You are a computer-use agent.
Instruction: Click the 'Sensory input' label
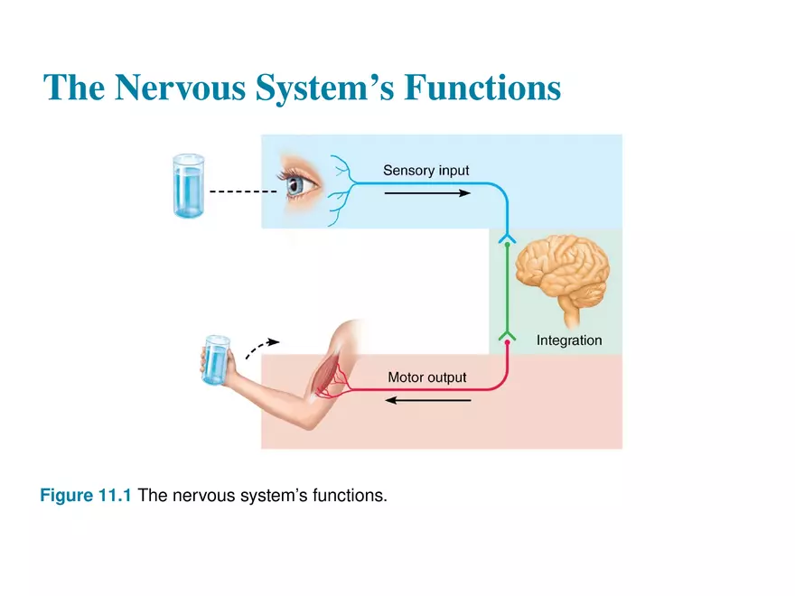pyautogui.click(x=426, y=170)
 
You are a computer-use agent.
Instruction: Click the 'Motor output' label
pyautogui.click(x=426, y=377)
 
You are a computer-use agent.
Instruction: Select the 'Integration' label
pyautogui.click(x=568, y=340)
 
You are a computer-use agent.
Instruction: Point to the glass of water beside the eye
pyautogui.click(x=190, y=185)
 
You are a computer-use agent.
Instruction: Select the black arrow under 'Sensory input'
pyautogui.click(x=426, y=192)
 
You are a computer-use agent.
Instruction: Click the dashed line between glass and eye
pyautogui.click(x=241, y=191)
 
